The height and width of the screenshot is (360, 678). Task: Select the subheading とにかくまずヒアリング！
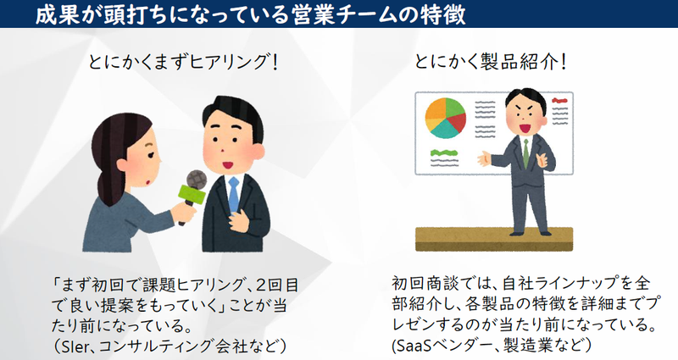click(183, 63)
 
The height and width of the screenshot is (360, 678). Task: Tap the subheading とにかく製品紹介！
click(491, 63)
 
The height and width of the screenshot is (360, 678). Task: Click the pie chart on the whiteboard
click(446, 119)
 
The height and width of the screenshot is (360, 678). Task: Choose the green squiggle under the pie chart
click(444, 155)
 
